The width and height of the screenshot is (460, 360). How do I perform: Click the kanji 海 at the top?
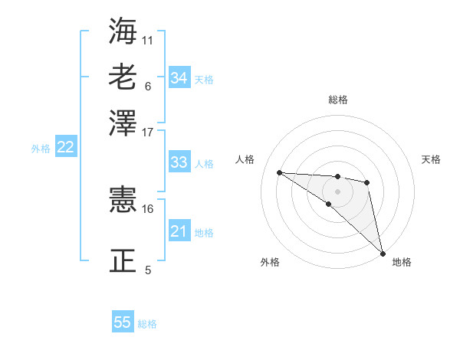[x=123, y=31]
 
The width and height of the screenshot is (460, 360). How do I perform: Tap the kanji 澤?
[x=123, y=122]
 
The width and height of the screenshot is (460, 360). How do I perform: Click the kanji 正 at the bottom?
[x=123, y=260]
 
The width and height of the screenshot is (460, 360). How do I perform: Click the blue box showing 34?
[x=179, y=78]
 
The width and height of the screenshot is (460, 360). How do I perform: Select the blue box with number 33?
[x=179, y=162]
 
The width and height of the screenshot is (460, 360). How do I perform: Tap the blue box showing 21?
[x=179, y=231]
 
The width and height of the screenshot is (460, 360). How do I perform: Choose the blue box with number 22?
[x=66, y=148]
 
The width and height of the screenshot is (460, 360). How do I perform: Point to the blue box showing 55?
[x=123, y=322]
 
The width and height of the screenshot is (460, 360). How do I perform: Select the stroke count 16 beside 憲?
[x=147, y=208]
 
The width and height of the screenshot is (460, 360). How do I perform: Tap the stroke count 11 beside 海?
[x=147, y=39]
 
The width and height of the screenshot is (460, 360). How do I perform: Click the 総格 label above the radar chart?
[x=338, y=100]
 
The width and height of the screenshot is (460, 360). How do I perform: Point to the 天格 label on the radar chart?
[x=432, y=159]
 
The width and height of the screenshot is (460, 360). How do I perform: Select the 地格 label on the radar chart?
[x=402, y=262]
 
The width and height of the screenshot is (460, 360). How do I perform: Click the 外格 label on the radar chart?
[x=270, y=262]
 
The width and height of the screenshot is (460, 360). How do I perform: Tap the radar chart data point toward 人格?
[x=279, y=172]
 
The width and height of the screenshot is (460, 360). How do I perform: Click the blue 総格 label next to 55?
[x=147, y=324]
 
